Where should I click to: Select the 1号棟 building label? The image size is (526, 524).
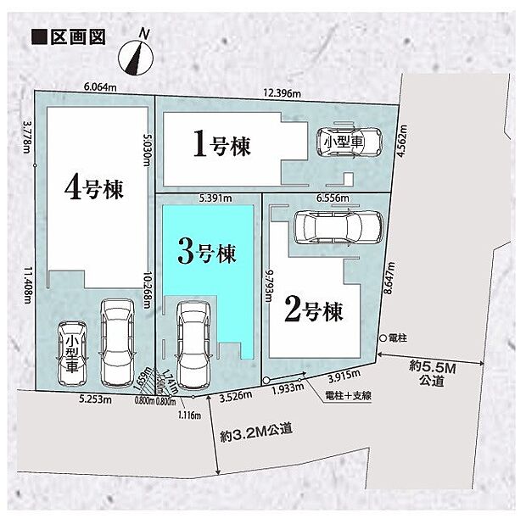pyautogui.click(x=221, y=145)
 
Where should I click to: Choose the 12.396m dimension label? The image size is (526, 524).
pyautogui.click(x=282, y=92)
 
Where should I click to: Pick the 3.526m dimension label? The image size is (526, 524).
pyautogui.click(x=235, y=394)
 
